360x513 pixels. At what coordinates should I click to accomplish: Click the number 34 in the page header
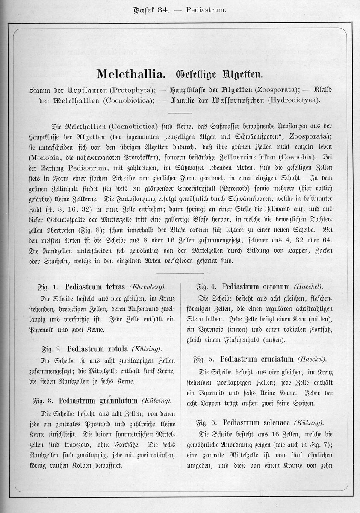pyautogui.click(x=164, y=9)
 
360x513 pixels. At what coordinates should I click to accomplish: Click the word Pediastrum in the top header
pyautogui.click(x=206, y=9)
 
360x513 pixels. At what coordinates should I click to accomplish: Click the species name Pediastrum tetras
pyautogui.click(x=94, y=286)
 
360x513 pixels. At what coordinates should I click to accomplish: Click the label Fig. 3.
pyautogui.click(x=42, y=401)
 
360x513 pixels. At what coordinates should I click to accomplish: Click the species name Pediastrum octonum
pyautogui.click(x=256, y=286)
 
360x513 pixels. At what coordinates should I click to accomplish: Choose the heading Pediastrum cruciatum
pyautogui.click(x=257, y=359)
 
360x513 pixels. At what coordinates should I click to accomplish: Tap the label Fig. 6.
pyautogui.click(x=206, y=422)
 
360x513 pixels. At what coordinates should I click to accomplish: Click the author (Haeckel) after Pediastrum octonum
pyautogui.click(x=309, y=286)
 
